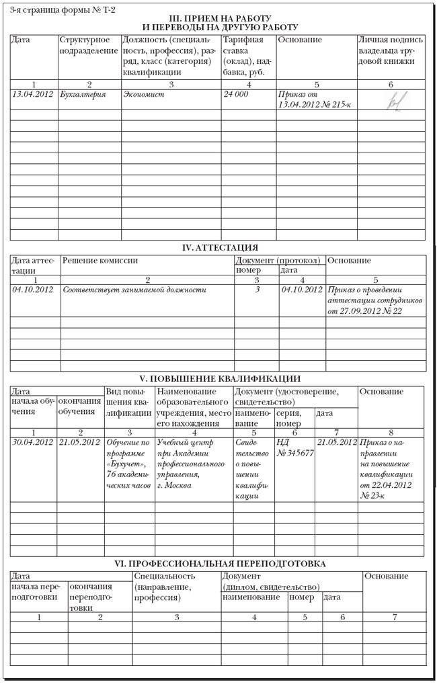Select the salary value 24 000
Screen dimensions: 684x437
[236, 95]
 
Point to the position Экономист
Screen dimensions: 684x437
[144, 95]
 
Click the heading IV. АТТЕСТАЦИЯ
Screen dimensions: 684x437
[220, 248]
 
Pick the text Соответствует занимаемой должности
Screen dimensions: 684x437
[134, 290]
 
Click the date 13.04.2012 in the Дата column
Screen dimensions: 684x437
[32, 95]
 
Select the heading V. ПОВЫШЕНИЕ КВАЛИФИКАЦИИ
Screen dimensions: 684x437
[220, 378]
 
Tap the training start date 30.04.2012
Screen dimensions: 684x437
[32, 442]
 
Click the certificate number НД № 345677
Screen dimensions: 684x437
[295, 448]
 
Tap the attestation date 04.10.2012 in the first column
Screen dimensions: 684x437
[32, 290]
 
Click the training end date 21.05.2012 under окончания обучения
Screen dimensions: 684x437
[79, 442]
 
